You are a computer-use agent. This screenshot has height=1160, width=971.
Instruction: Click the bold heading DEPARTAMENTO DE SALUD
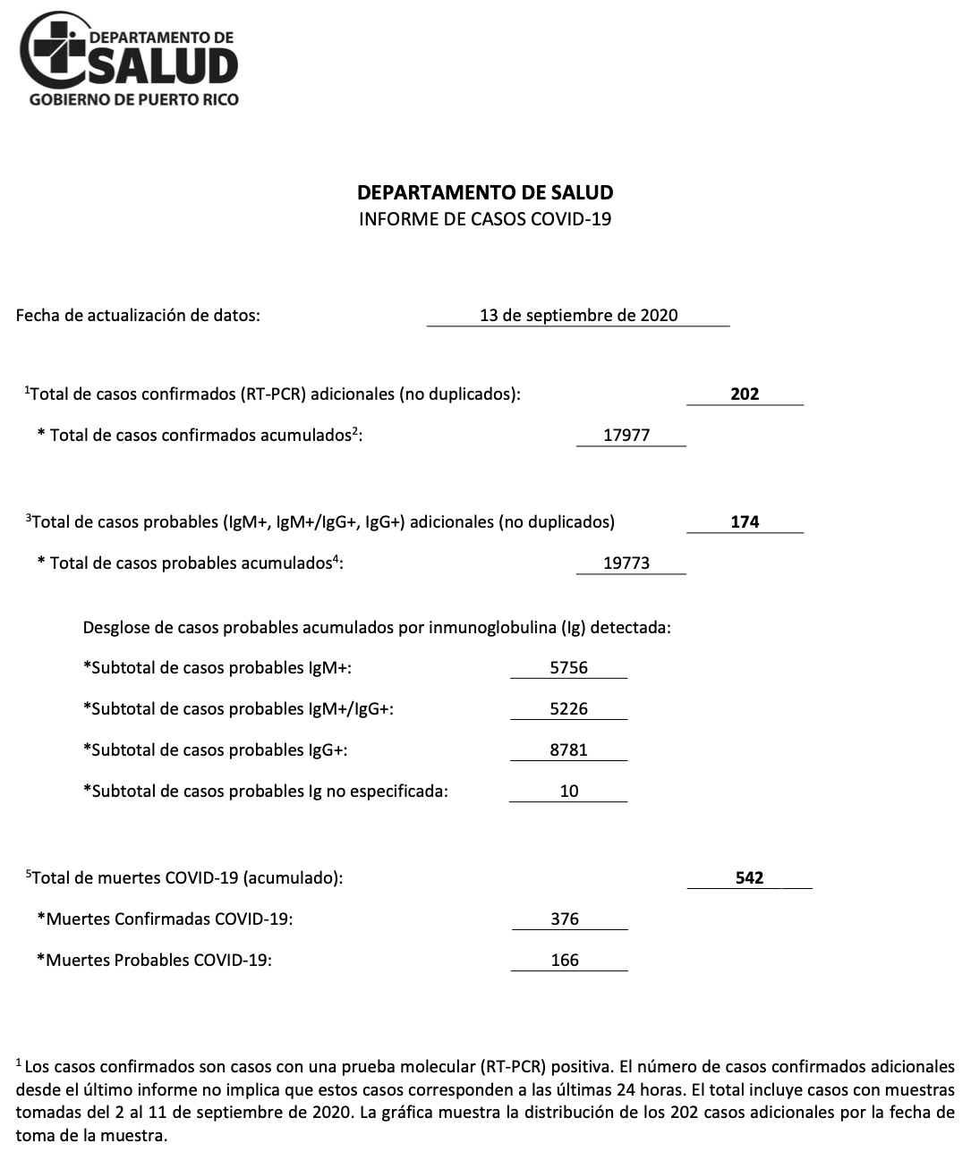coord(485,192)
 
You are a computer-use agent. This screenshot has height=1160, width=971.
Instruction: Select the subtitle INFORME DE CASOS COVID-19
coord(485,219)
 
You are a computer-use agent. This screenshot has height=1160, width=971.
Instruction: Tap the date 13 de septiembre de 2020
coord(578,315)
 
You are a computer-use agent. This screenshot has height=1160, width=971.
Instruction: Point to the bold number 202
coord(745,394)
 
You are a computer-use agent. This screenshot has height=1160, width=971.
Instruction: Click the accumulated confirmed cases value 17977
coord(626,436)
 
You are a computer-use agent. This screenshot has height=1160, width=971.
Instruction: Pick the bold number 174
coord(745,521)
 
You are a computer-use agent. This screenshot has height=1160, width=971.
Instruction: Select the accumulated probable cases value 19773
coord(626,563)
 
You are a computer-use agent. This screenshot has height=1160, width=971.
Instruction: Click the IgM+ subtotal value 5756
coord(568,667)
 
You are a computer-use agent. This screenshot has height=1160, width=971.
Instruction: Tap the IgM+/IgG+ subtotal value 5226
coord(568,708)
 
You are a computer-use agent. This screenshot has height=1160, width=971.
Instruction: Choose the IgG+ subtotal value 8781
coord(568,749)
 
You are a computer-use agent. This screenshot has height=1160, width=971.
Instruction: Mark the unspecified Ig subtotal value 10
coord(568,791)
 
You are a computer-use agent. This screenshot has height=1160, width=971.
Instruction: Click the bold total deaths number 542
coord(749,877)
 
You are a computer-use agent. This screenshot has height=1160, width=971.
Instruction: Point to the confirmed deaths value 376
coord(565,919)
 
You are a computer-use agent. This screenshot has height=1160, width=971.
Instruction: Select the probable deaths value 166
coord(565,960)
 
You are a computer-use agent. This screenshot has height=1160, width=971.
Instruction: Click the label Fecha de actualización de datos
coord(138,315)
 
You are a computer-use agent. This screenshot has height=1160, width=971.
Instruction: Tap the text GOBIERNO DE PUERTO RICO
coord(134,99)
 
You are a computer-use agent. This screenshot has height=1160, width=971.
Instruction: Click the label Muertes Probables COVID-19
coord(154,960)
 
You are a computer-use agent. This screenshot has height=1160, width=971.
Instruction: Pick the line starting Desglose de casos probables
coord(377,627)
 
